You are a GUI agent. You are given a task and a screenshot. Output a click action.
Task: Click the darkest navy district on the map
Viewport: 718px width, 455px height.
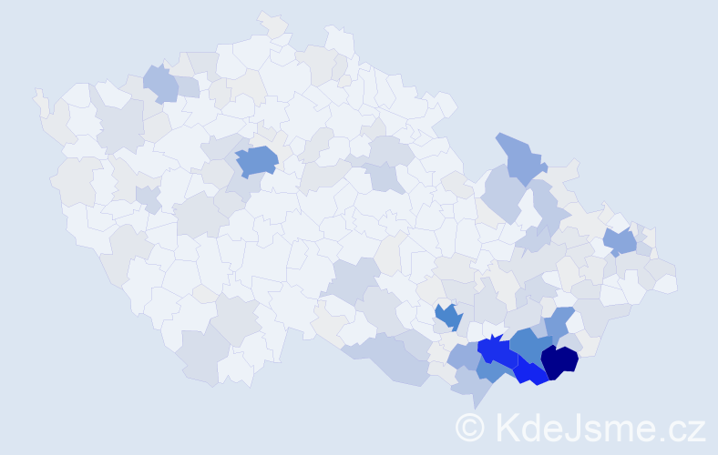point(559,361)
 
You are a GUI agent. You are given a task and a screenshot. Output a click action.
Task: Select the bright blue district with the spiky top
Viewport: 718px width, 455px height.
point(496,351)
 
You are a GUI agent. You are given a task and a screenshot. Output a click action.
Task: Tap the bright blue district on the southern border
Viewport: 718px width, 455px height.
point(530,373)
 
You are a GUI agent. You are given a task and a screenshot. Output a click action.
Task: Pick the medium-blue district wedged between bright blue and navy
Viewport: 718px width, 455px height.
point(528,345)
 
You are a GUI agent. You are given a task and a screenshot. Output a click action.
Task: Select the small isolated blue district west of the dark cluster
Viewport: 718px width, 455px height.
point(448,317)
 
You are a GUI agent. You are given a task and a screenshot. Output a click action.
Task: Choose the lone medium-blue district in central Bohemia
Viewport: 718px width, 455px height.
point(257,160)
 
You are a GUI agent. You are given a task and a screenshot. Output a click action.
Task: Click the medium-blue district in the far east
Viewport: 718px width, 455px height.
point(621,241)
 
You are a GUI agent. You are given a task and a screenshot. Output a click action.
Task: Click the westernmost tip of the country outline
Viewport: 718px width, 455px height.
point(36,91)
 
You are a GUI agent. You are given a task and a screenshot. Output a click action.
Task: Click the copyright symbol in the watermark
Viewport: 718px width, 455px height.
point(470,427)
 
